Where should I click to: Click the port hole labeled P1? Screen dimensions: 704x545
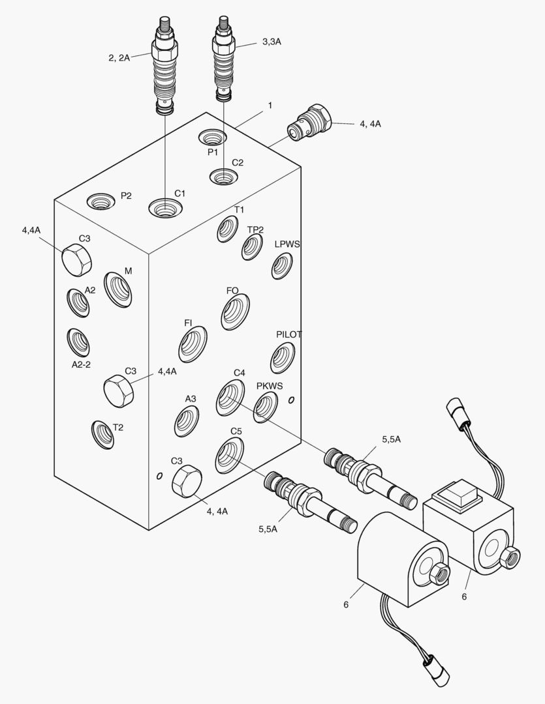point(213,138)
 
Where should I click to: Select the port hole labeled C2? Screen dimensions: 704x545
point(223,176)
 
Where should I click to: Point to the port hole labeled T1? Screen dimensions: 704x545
point(227,229)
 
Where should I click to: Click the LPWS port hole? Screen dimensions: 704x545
point(282,266)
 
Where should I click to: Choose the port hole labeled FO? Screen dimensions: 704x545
point(236,312)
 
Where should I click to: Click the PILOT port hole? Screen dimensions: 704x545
point(282,356)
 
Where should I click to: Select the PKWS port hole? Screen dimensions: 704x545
point(265,407)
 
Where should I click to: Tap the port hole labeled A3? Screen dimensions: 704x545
point(187,421)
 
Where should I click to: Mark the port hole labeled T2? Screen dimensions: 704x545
point(102,434)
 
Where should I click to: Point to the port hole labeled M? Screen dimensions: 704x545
point(118,289)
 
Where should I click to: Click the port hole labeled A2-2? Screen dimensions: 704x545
point(78,342)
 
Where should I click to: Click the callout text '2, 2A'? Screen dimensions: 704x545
point(119,58)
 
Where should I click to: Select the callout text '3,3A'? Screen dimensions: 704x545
point(272,42)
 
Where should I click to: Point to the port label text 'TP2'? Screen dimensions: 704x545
point(255,229)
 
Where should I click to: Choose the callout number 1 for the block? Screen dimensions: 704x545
point(270,104)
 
